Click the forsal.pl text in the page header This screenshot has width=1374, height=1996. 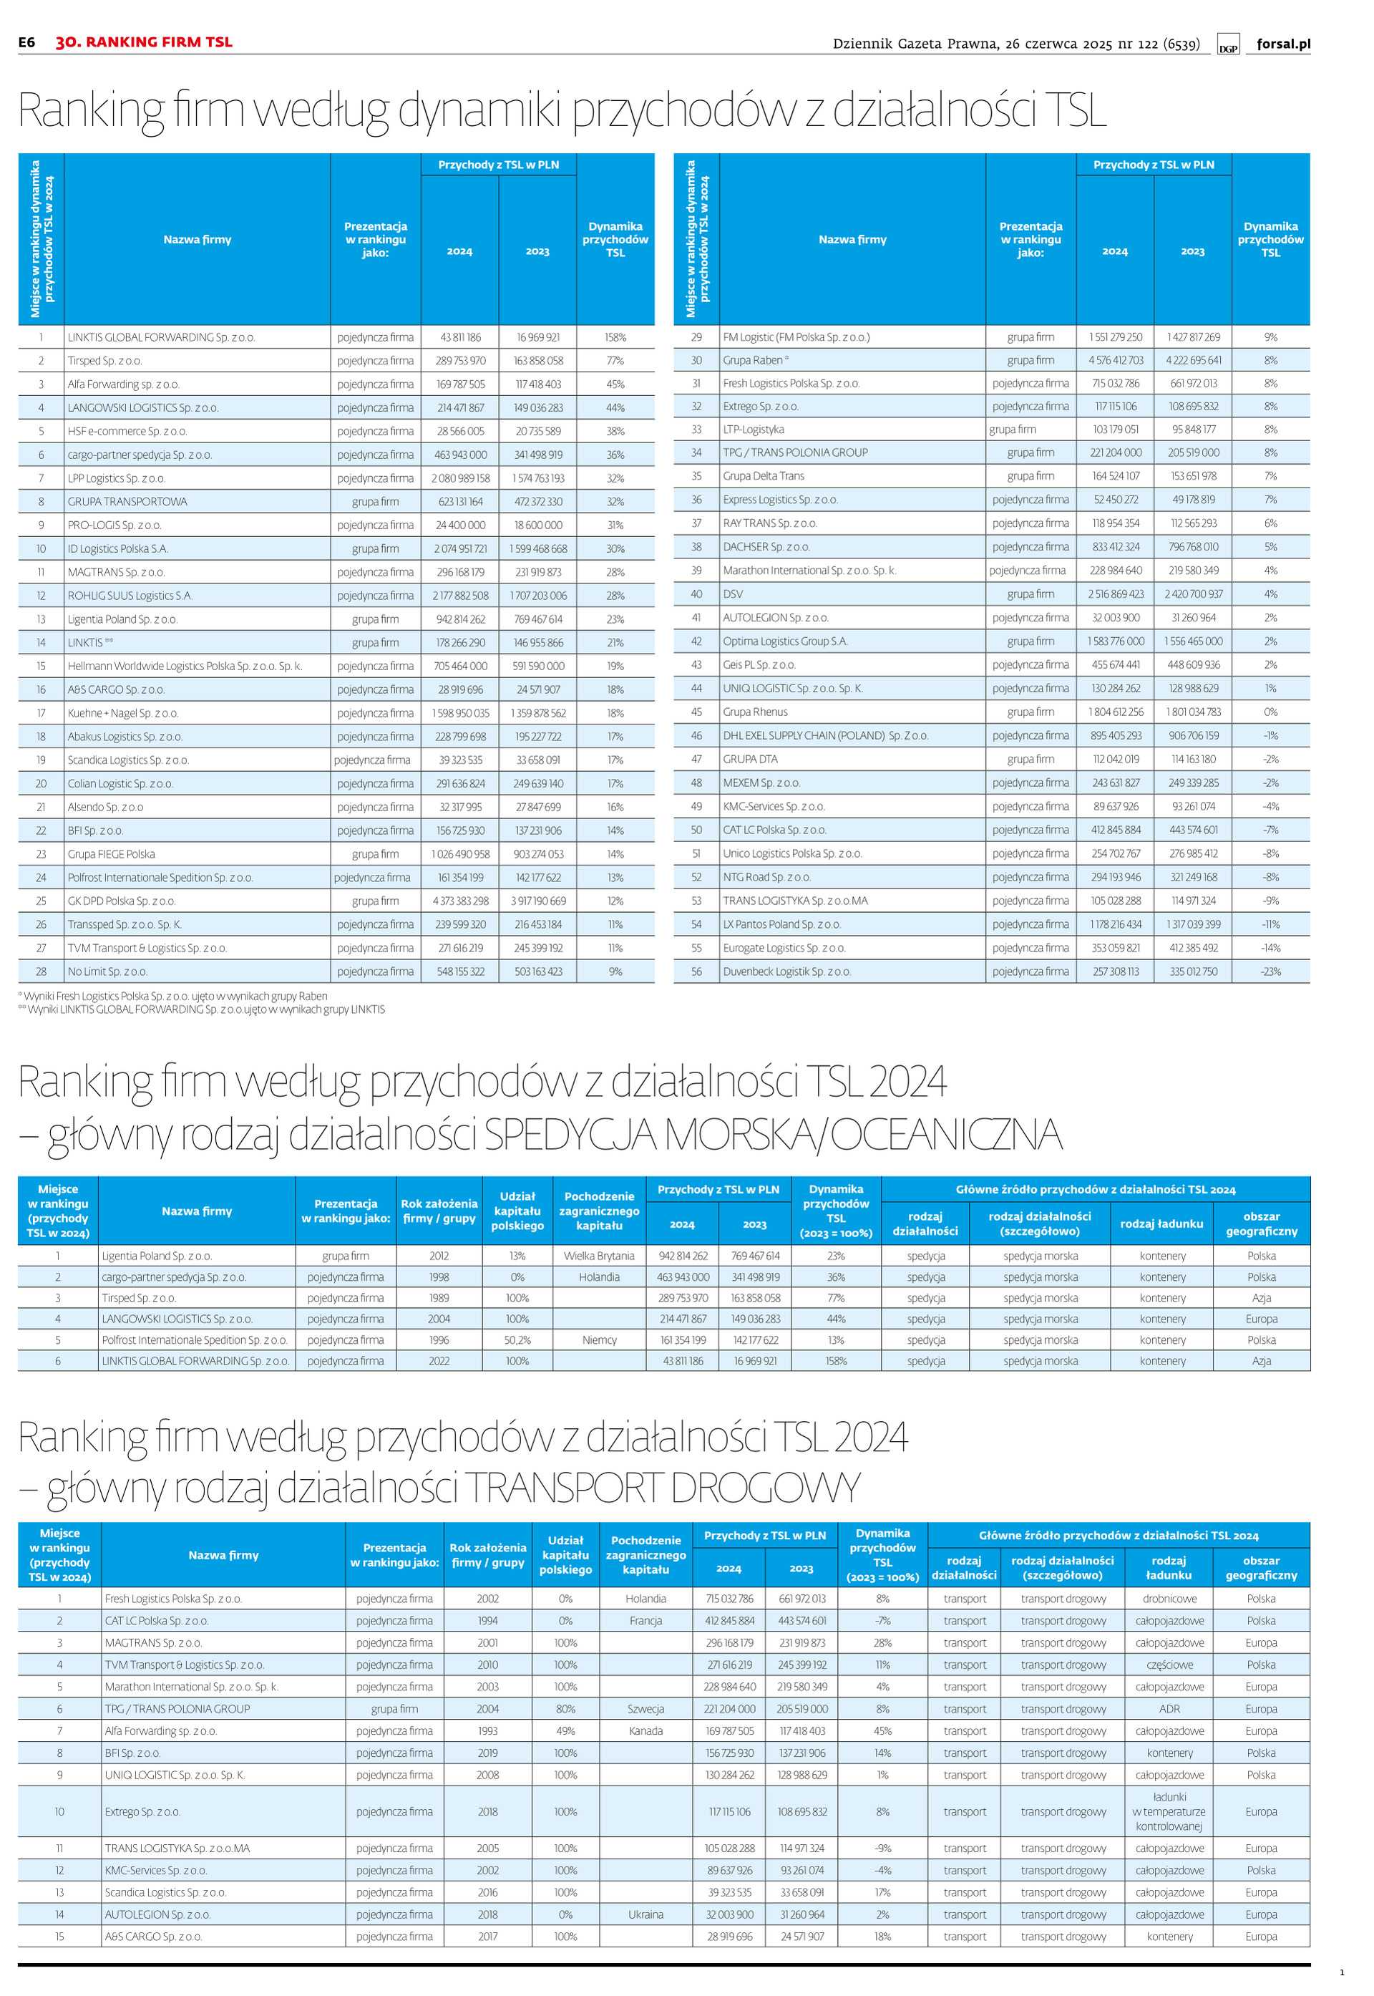(1282, 44)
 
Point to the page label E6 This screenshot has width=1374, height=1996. (26, 42)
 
